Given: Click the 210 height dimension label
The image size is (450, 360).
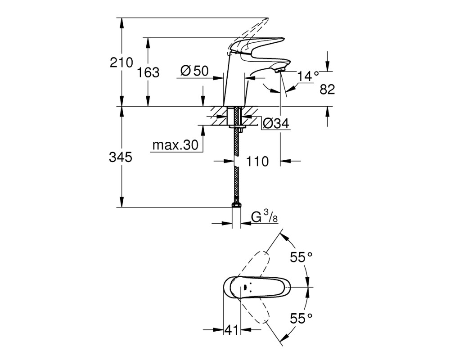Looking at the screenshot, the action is point(121,62).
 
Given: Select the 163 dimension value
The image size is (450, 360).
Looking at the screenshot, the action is point(148,72).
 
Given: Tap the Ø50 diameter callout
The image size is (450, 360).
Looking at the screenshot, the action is point(194,71).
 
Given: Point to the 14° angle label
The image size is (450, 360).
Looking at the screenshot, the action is point(308,76).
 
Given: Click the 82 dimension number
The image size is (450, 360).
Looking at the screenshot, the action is point(327,90).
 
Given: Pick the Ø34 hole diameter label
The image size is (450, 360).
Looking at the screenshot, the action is point(276,123).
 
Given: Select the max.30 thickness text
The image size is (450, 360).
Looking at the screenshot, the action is point(175,145).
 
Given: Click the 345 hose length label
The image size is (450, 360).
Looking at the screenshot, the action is point(121,157).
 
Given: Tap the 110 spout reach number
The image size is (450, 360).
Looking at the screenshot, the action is point(257,162).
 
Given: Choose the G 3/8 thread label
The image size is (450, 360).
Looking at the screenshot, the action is point(264,217).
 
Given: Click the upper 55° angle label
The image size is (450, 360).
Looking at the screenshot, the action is point(301,257).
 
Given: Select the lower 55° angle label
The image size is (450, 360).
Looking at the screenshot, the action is point(301,318).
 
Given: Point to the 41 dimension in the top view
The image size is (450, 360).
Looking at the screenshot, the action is point(232,330).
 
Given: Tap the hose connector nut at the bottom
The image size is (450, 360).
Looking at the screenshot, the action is point(236,205).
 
